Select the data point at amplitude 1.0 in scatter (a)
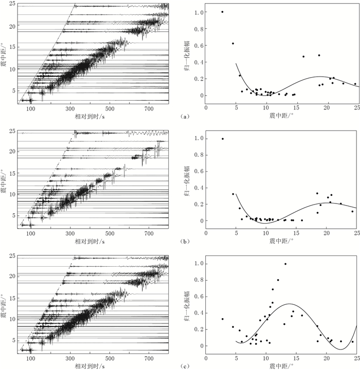[222, 12]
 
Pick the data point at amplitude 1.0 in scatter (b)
[222, 138]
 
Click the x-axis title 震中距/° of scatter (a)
[282, 117]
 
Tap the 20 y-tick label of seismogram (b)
[11, 150]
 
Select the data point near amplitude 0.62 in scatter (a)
[233, 44]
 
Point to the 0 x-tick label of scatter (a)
[206, 108]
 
